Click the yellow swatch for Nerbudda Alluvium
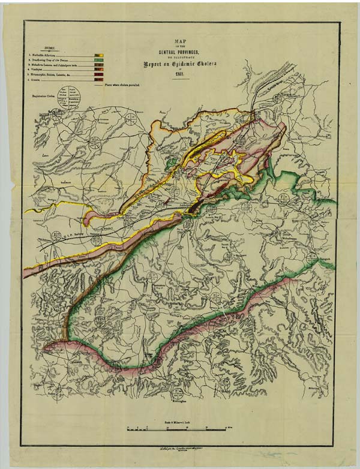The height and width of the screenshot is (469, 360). [x=99, y=55]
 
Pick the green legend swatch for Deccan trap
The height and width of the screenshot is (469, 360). [x=99, y=59]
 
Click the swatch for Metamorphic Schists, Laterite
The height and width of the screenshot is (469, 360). [x=99, y=74]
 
